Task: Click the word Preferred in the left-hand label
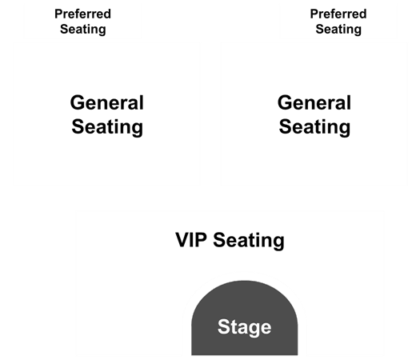pos(82,14)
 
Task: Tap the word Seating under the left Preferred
pos(83,30)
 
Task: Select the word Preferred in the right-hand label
pos(338,14)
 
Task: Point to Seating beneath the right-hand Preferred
pos(338,30)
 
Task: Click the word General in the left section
pos(107,102)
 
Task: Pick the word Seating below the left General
pos(107,127)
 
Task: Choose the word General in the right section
pos(314,102)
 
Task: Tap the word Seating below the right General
pos(314,127)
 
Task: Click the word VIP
pos(191,240)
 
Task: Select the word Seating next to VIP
pos(249,241)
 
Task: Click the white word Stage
pos(244,326)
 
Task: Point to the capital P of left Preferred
pos(58,14)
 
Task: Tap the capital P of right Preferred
pos(314,14)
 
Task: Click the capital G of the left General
pos(77,102)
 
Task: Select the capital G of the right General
pos(285,102)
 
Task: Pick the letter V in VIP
pos(182,240)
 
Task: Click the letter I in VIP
pos(192,240)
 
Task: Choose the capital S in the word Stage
pos(224,326)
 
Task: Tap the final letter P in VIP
pos(202,240)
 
